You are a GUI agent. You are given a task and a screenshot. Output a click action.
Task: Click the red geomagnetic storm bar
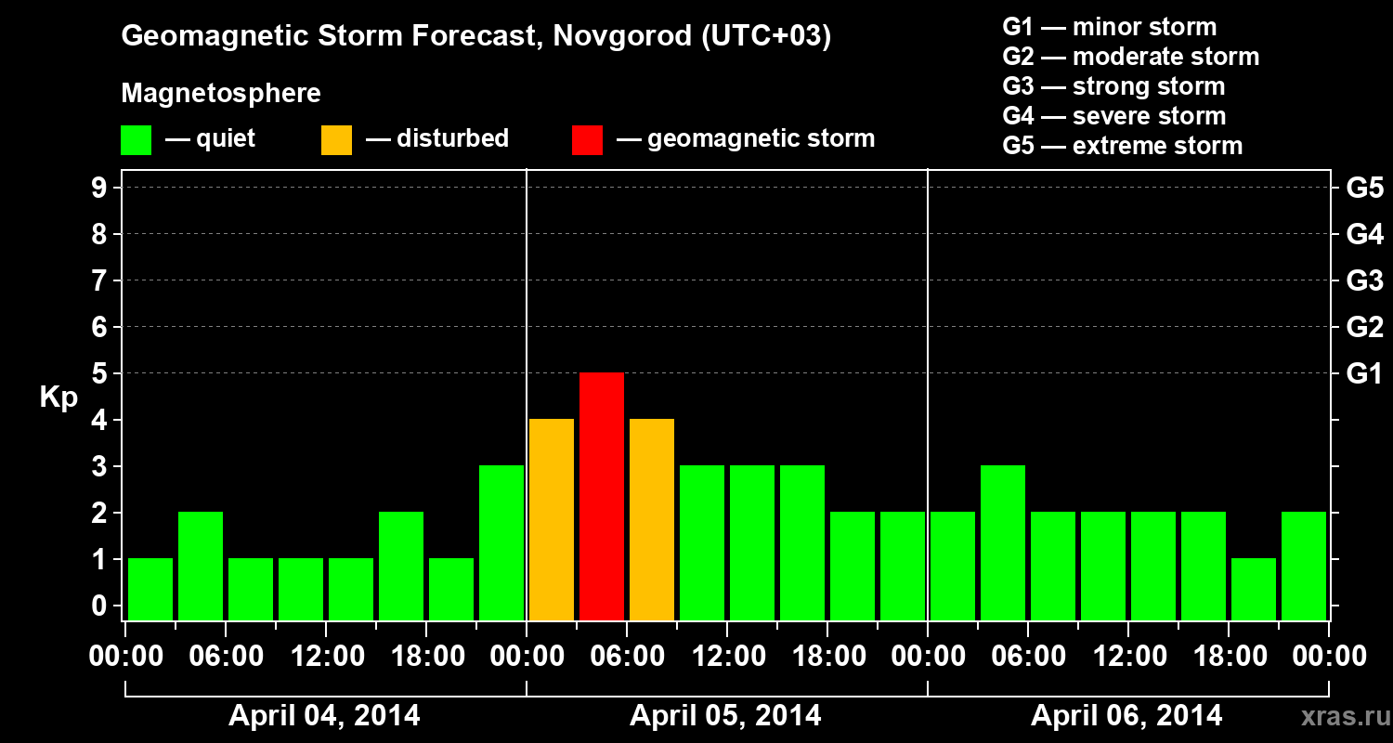coord(602,496)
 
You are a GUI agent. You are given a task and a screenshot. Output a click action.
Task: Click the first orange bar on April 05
coord(552,519)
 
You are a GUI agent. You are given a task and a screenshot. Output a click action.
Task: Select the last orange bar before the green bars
coord(652,519)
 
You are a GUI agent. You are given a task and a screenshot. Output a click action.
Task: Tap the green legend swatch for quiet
coord(136,140)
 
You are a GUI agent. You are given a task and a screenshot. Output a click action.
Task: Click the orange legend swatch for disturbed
coord(336,140)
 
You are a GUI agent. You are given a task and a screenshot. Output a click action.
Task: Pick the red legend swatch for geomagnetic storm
coord(587,140)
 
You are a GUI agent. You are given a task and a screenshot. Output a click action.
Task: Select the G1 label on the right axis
coord(1364,374)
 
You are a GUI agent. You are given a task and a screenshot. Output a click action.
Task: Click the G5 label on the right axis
coord(1364,189)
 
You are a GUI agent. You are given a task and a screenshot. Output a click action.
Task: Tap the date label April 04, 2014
coord(324,716)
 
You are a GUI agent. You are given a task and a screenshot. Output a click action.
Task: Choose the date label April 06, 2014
coord(1126,716)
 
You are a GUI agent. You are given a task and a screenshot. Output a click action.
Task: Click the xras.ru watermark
coord(1338,717)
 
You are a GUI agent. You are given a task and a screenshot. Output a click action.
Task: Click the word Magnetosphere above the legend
coord(221,94)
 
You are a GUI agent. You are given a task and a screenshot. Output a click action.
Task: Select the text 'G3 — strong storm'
coord(1113,86)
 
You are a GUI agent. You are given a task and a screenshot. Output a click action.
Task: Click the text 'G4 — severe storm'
coord(1114,116)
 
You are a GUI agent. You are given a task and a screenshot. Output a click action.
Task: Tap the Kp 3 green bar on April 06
coord(1003,542)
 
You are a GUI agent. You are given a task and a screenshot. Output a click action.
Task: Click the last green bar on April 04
coord(501,542)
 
